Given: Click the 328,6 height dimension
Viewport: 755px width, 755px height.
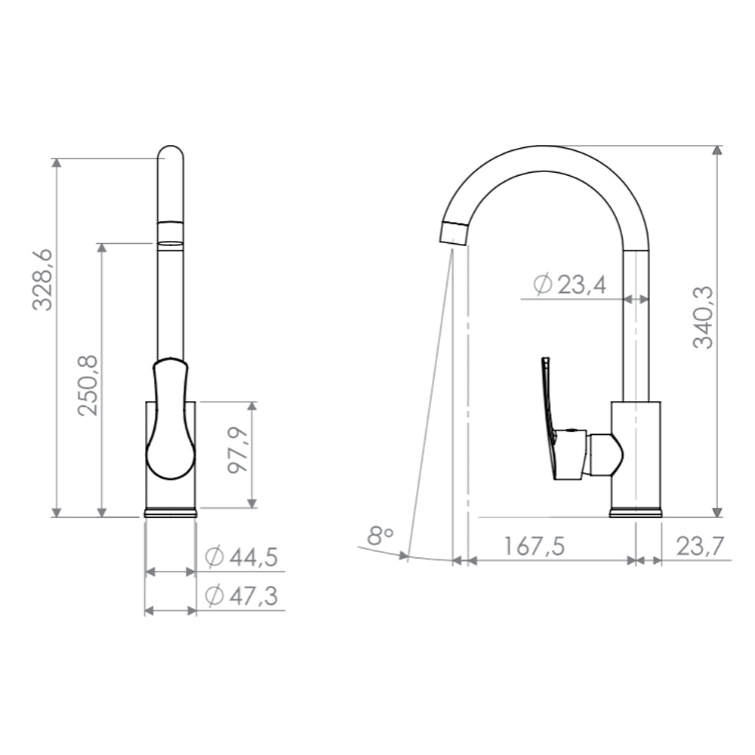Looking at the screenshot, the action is [x=42, y=280].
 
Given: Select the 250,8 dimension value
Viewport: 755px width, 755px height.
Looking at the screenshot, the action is [x=88, y=385].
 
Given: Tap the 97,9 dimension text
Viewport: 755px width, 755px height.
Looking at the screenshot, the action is [x=239, y=450].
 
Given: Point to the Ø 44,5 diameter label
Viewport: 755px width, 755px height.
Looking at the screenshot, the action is [x=242, y=557].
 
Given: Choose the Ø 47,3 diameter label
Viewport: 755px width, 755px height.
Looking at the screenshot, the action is [x=242, y=596].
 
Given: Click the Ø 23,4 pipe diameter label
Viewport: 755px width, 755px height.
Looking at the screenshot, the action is [x=570, y=285].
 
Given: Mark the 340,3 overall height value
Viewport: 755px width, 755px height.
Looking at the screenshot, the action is [x=703, y=317].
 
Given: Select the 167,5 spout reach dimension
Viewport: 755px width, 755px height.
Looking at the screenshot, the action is [x=534, y=546].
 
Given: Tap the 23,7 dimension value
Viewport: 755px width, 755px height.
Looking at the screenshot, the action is [x=700, y=546].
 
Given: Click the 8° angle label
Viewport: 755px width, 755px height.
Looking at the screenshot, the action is [x=381, y=535].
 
